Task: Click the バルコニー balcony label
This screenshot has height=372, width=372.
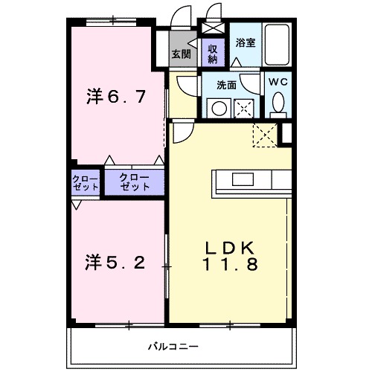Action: click(x=172, y=346)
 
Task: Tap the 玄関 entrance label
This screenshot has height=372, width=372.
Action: click(x=182, y=54)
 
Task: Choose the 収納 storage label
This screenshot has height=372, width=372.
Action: click(x=211, y=54)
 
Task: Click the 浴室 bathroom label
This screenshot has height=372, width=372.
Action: click(x=246, y=43)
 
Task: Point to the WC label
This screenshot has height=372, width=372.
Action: click(x=278, y=80)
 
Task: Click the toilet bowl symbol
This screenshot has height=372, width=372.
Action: click(x=278, y=103)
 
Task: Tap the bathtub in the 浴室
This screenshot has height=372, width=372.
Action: click(x=280, y=45)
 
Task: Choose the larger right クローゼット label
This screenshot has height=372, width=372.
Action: click(x=135, y=182)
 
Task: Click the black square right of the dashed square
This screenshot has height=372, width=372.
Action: click(x=287, y=132)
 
